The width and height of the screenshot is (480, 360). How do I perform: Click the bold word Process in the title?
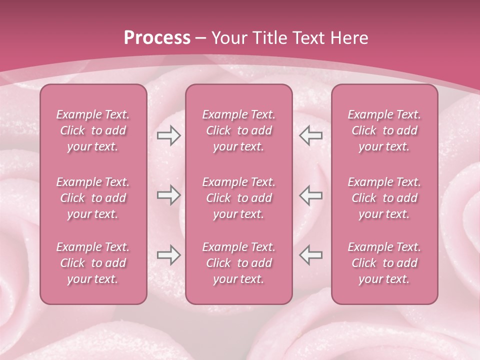[157, 38]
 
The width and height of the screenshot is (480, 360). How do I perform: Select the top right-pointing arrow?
[168, 135]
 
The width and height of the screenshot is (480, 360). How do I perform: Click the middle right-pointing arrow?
[168, 195]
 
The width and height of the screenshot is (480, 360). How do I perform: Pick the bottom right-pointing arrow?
[168, 255]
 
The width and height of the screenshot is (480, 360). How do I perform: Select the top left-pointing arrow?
[311, 135]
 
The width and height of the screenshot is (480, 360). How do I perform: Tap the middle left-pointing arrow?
[311, 195]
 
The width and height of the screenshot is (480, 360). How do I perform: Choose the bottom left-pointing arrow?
[311, 255]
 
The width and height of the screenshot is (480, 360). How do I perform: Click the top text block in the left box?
[93, 130]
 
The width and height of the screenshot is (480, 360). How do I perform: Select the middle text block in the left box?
[93, 198]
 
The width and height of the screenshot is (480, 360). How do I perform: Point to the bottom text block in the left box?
[93, 263]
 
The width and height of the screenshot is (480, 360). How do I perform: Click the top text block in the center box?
[239, 130]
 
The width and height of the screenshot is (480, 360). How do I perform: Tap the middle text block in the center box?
[239, 198]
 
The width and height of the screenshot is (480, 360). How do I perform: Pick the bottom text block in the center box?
[239, 263]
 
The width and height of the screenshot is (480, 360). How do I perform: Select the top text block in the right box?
[384, 130]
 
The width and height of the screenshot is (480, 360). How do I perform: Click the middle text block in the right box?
[384, 198]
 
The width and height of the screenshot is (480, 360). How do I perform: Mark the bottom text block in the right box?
[384, 263]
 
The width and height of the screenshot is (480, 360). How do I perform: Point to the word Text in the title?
[306, 38]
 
